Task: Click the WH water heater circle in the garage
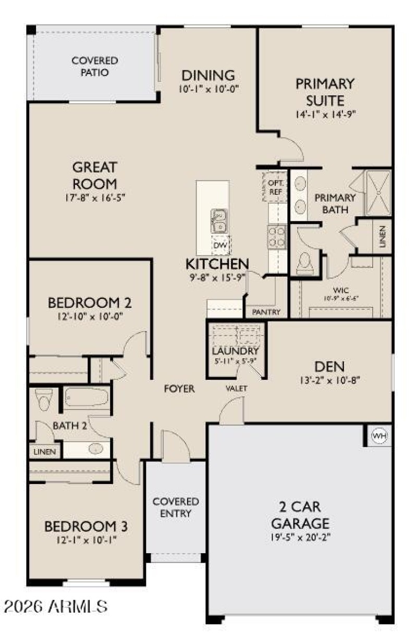[379, 436]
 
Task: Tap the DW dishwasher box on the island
[220, 245]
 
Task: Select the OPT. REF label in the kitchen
[275, 186]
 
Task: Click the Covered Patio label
[95, 67]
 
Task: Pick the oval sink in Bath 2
[95, 449]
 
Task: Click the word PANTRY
[266, 312]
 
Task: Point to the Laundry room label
[236, 351]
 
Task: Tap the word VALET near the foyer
[236, 388]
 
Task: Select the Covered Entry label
[176, 507]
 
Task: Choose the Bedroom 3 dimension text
[86, 540]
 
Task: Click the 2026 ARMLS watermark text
[55, 606]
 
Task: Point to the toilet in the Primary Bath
[304, 263]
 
